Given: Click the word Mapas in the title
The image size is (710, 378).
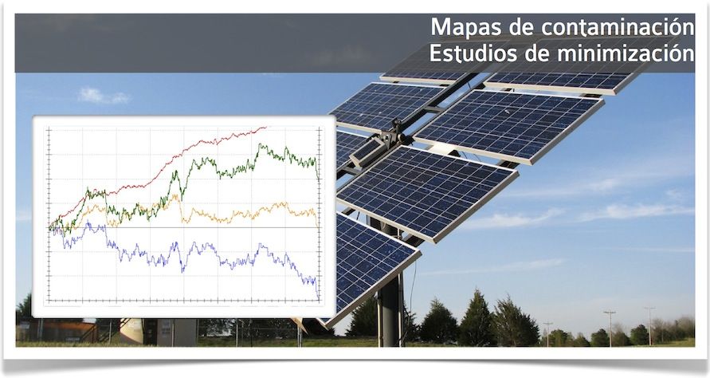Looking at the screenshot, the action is pyautogui.click(x=466, y=28).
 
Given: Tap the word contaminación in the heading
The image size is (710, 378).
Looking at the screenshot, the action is pyautogui.click(x=618, y=27).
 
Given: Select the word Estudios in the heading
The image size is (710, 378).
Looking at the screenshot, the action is pyautogui.click(x=473, y=53).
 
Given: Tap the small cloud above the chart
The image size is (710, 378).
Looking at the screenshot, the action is pyautogui.click(x=104, y=95).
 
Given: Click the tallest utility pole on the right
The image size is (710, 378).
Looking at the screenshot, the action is pyautogui.click(x=610, y=328).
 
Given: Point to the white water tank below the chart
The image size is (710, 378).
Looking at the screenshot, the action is pyautogui.click(x=131, y=331).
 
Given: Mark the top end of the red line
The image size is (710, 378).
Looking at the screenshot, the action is pyautogui.click(x=266, y=128).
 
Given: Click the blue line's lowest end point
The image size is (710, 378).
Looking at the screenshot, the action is pyautogui.click(x=319, y=299).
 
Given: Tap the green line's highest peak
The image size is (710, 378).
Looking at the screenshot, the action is pyautogui.click(x=260, y=144).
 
